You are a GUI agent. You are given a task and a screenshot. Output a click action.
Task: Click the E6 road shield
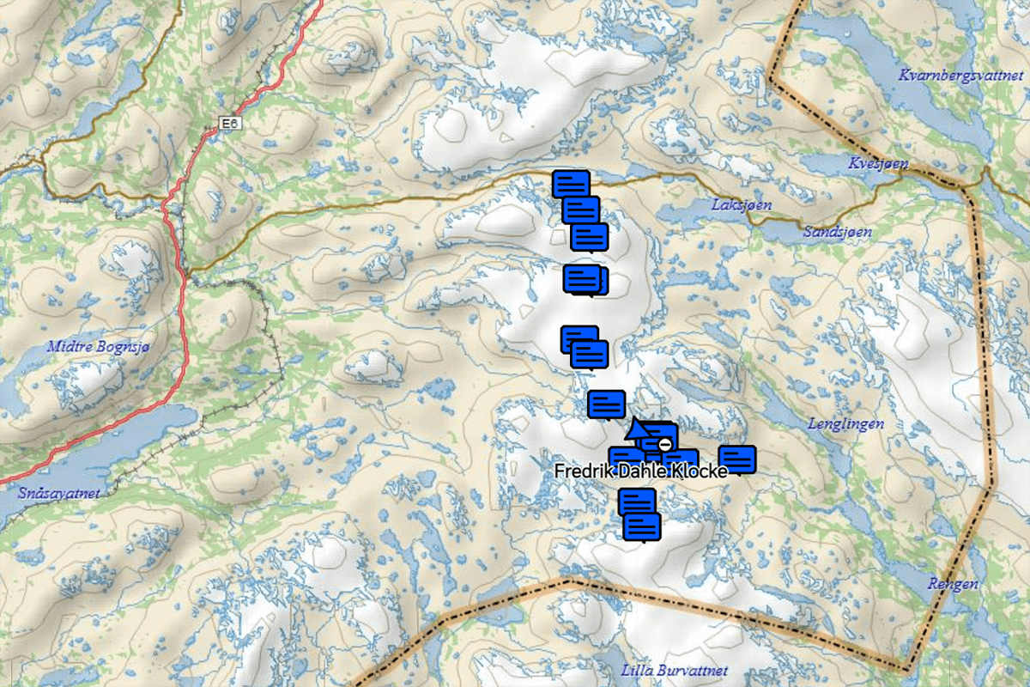[229, 125]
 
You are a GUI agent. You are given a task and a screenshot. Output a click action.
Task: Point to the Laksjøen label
[742, 205]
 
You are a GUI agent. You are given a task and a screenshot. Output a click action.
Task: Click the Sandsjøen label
[838, 232]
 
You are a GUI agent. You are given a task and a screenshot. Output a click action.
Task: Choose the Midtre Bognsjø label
[97, 346]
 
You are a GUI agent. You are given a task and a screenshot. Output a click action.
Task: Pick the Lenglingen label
[846, 423]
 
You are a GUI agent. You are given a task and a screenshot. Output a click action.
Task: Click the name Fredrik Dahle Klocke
[640, 472]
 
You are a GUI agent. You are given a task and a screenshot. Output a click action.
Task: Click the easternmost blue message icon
[736, 459]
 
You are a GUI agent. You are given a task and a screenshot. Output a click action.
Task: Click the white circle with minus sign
[664, 444]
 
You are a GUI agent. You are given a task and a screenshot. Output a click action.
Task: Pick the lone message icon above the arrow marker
[606, 404]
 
